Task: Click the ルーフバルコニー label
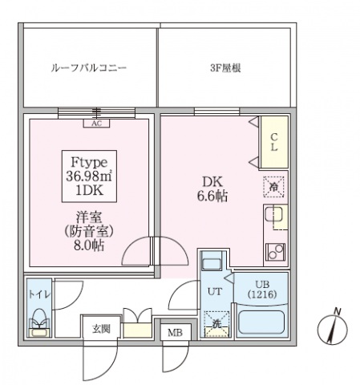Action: pyautogui.click(x=89, y=68)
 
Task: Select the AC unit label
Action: pyautogui.click(x=96, y=123)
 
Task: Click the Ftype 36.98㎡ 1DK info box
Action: pyautogui.click(x=89, y=175)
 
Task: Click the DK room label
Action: pyautogui.click(x=212, y=181)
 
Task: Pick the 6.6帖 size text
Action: pyautogui.click(x=212, y=196)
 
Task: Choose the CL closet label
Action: pyautogui.click(x=273, y=143)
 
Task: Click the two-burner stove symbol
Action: pyautogui.click(x=273, y=251)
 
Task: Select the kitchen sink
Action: pyautogui.click(x=272, y=217)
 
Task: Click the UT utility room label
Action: pyautogui.click(x=214, y=291)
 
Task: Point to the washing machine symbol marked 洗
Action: pyautogui.click(x=214, y=324)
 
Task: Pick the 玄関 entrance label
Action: pyautogui.click(x=100, y=329)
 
